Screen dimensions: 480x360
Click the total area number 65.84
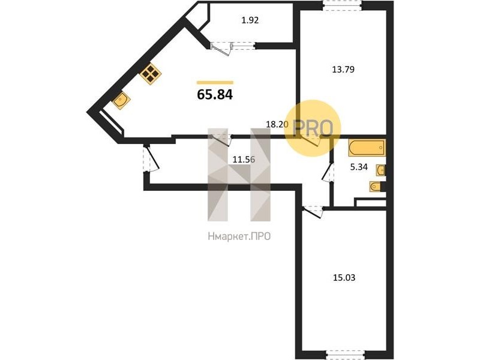click(215, 95)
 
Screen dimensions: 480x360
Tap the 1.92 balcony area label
click(250, 20)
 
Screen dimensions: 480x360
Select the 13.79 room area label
click(343, 70)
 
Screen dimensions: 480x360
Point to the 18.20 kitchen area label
click(277, 124)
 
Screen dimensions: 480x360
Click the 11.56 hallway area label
click(244, 160)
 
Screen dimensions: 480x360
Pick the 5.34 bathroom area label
click(359, 167)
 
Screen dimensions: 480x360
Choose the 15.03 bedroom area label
click(344, 278)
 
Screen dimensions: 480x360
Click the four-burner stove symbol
click(151, 73)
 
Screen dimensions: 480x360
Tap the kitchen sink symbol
click(121, 100)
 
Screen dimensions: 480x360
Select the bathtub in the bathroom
click(367, 148)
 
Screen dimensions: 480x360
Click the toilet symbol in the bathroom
click(376, 186)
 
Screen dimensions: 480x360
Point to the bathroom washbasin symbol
click(380, 170)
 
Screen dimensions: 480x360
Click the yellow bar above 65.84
click(215, 82)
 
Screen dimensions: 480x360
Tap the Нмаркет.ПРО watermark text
click(239, 236)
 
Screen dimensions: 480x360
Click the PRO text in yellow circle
click(313, 128)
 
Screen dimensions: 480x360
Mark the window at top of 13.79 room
click(343, 5)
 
